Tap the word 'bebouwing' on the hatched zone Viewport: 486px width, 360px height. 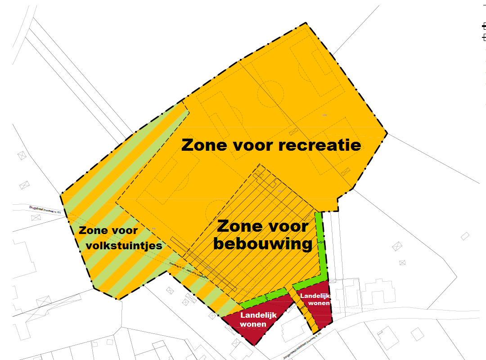pyautogui.click(x=262, y=244)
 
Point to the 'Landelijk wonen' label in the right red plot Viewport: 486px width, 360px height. pyautogui.click(x=315, y=299)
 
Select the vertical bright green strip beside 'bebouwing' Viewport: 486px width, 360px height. pyautogui.click(x=321, y=243)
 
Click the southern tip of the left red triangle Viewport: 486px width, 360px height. pyautogui.click(x=255, y=345)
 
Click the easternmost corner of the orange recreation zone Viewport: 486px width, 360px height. pyautogui.click(x=387, y=133)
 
